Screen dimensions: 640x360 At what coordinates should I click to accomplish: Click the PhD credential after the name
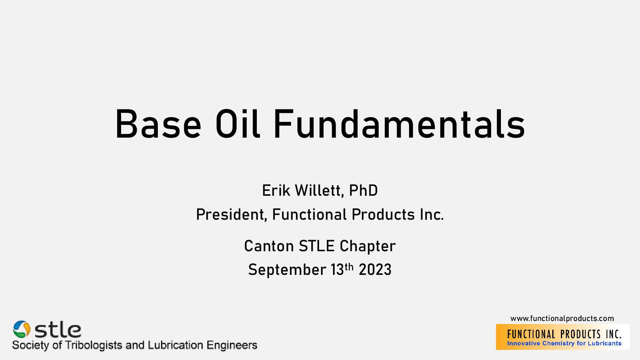363,190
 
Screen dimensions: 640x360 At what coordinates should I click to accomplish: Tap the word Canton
269,246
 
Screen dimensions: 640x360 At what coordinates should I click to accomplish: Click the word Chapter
368,246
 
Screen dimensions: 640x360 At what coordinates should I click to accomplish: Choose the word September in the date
287,270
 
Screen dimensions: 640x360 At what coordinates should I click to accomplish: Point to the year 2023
375,270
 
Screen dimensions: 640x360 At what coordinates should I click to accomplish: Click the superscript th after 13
349,267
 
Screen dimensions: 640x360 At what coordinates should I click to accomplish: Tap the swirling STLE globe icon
22,329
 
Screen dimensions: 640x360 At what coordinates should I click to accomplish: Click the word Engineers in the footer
232,345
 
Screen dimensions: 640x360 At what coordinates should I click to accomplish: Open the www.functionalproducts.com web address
562,319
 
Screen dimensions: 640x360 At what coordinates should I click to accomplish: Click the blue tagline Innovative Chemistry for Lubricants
564,343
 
